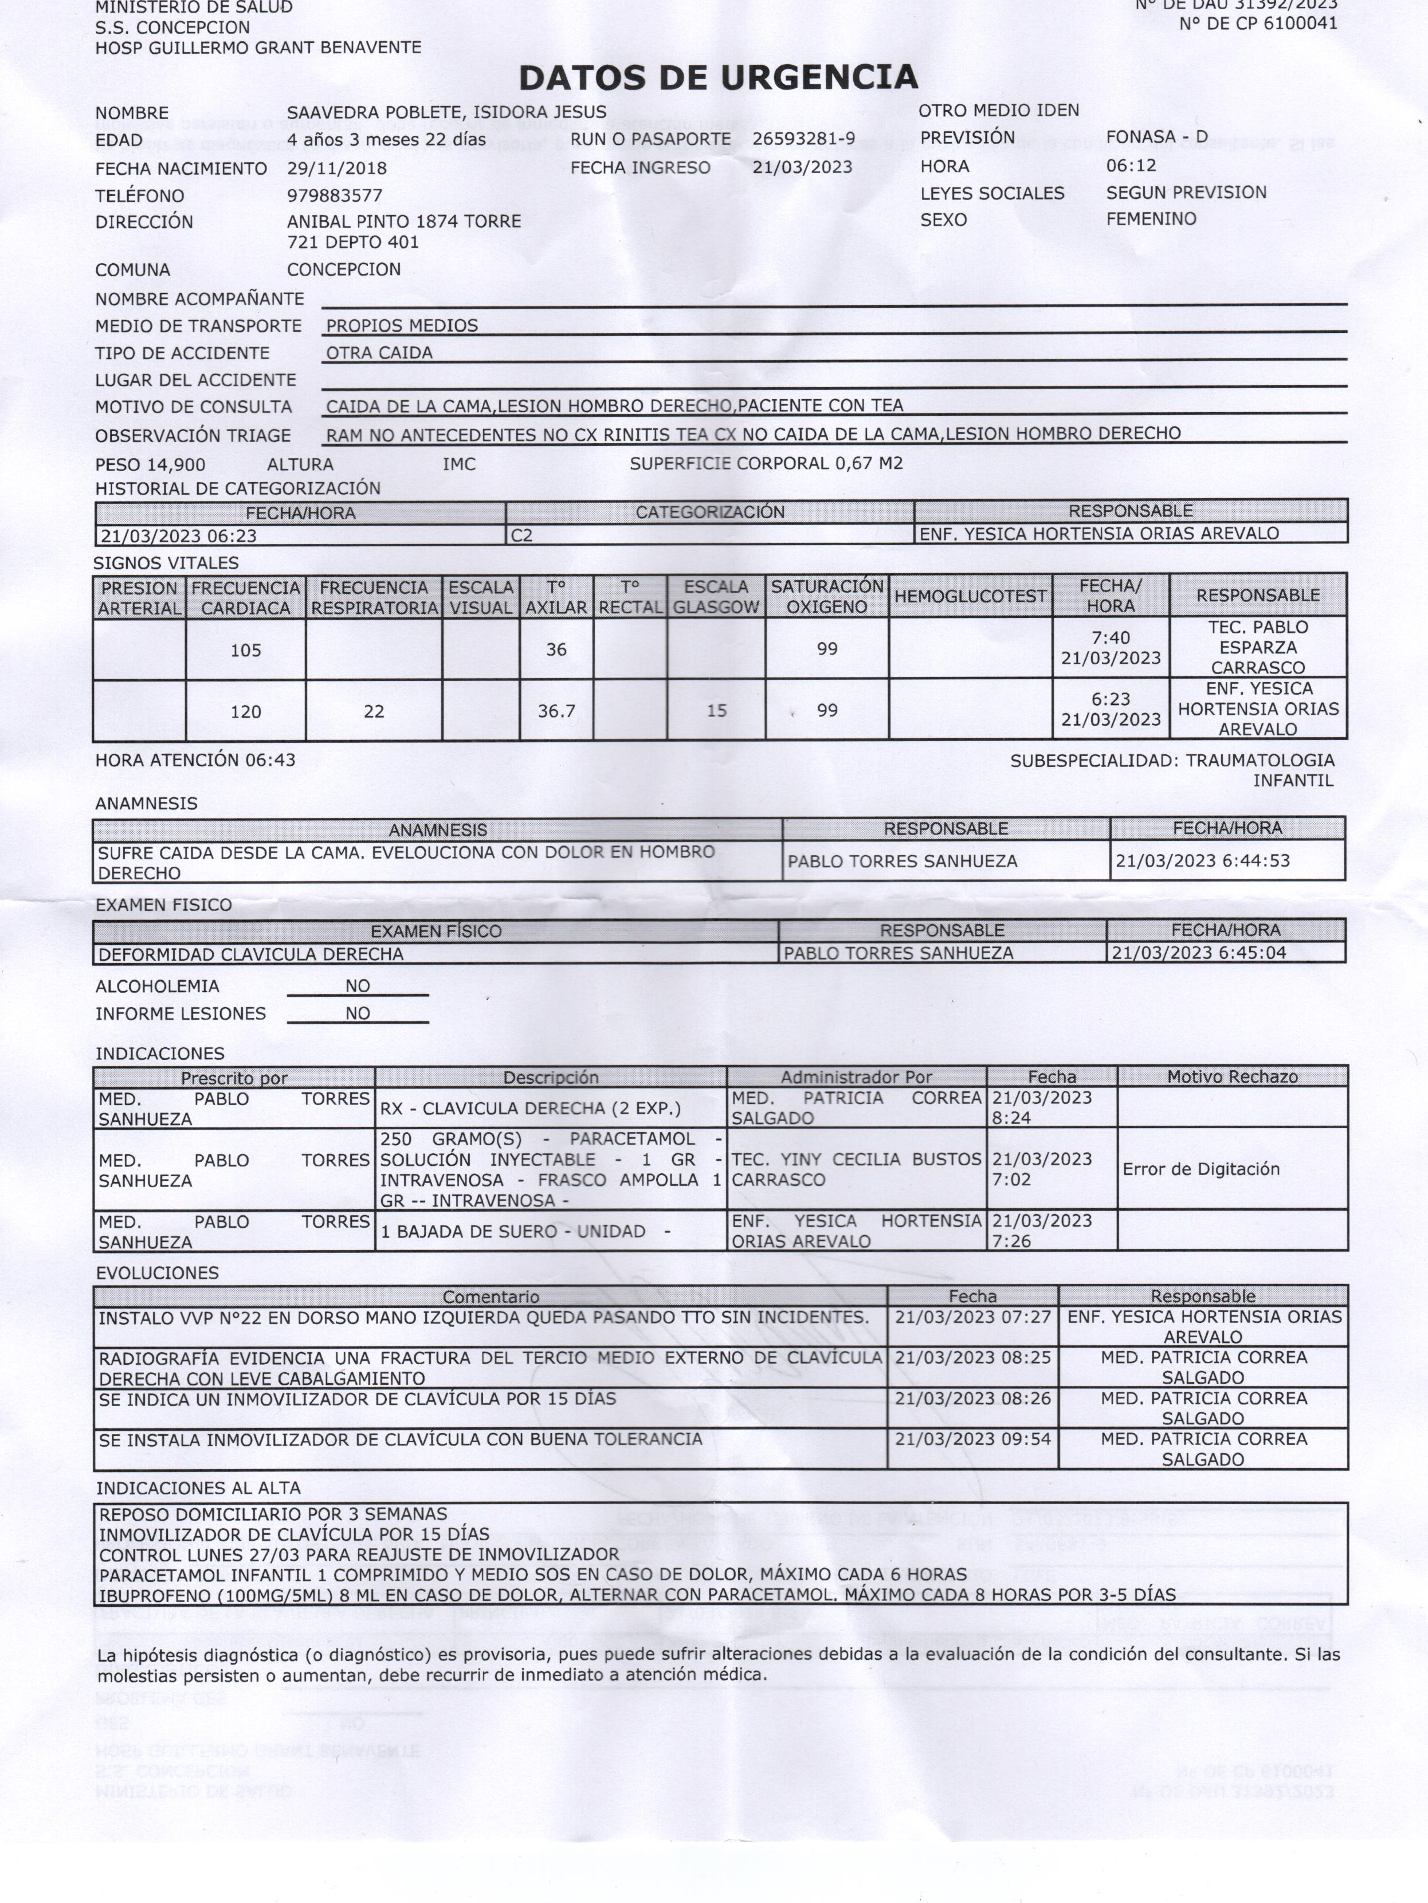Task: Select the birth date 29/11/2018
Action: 336,169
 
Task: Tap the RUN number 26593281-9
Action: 803,139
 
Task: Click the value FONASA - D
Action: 1156,137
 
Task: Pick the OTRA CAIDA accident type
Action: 379,353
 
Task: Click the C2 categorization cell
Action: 521,535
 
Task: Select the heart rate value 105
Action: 245,651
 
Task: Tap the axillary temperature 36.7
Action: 556,711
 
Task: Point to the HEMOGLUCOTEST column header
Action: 970,596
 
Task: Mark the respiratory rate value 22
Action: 374,711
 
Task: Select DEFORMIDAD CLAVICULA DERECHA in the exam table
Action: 250,954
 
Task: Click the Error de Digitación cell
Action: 1200,1169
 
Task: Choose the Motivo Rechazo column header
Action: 1232,1076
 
